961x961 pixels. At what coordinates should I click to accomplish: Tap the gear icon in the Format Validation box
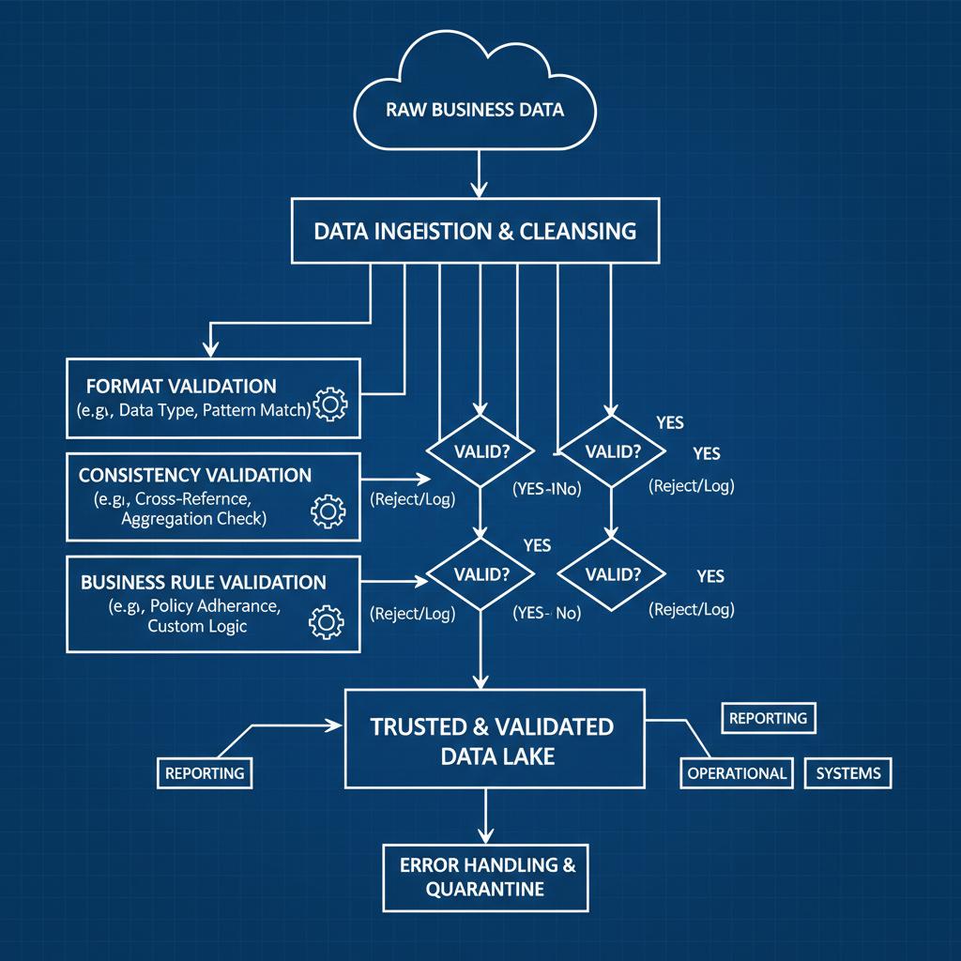[x=330, y=404]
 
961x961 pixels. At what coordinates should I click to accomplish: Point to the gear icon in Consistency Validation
[x=328, y=511]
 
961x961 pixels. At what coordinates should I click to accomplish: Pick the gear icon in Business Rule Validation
[x=326, y=621]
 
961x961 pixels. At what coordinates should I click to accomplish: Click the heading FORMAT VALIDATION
[x=181, y=386]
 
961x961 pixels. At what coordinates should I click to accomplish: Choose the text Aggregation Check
[x=193, y=518]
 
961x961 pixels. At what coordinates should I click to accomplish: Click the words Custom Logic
[x=197, y=626]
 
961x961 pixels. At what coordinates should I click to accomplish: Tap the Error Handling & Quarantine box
[x=486, y=877]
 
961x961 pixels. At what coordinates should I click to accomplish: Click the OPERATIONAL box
[x=737, y=773]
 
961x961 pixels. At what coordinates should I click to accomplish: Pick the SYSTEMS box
[x=848, y=773]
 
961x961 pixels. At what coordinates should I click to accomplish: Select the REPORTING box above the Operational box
[x=768, y=718]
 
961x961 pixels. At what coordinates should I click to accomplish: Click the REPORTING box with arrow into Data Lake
[x=205, y=773]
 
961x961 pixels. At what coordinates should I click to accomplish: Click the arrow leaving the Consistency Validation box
[x=394, y=479]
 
